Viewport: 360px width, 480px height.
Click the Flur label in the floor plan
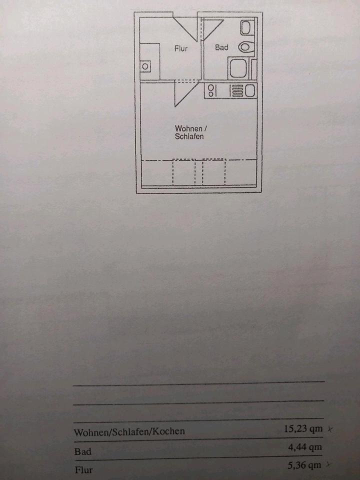pyautogui.click(x=180, y=48)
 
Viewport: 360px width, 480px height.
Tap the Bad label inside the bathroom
pyautogui.click(x=221, y=47)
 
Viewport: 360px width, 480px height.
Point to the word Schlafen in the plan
pyautogui.click(x=189, y=136)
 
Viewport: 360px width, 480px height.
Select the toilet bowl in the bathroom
pyautogui.click(x=245, y=47)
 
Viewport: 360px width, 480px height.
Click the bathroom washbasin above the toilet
pyautogui.click(x=246, y=27)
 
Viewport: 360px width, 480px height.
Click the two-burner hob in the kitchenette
pyautogui.click(x=210, y=90)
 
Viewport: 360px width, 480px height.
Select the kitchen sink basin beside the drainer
pyautogui.click(x=250, y=90)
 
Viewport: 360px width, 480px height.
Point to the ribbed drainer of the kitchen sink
pyautogui.click(x=236, y=90)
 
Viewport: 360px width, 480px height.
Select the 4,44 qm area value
pyautogui.click(x=304, y=447)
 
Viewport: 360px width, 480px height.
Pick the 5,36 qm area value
pyautogui.click(x=304, y=465)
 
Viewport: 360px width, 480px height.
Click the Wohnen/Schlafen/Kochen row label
pyautogui.click(x=129, y=431)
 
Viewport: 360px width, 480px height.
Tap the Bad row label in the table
pyautogui.click(x=83, y=451)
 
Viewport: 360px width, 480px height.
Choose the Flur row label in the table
pyautogui.click(x=83, y=470)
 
